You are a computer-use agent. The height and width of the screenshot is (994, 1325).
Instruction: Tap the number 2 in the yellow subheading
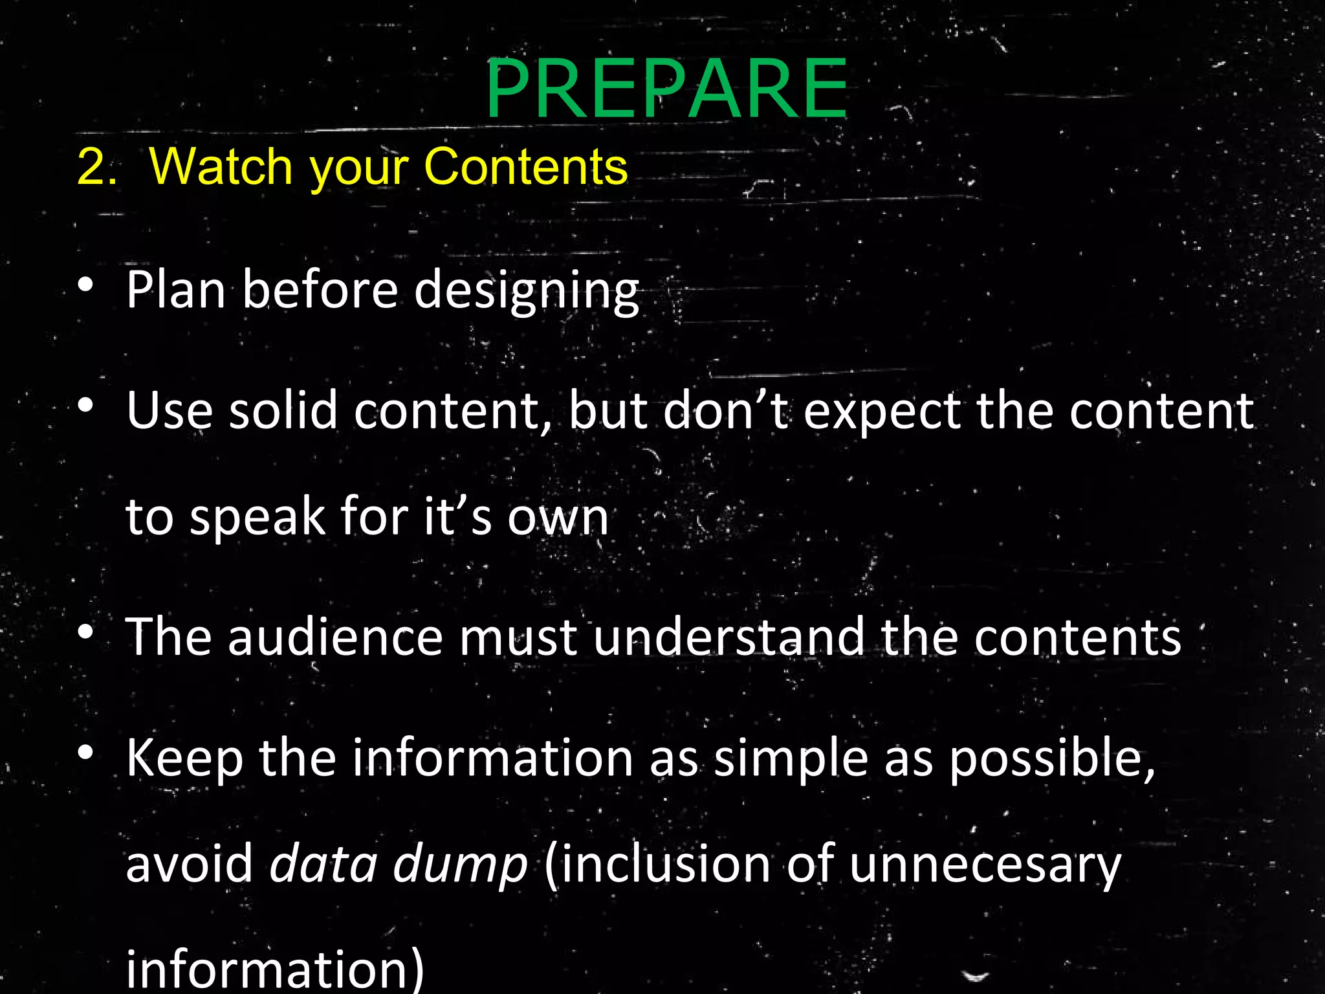click(91, 167)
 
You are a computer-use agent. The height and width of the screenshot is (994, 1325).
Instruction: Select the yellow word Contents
click(525, 167)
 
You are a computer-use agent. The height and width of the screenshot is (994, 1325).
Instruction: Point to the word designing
click(527, 291)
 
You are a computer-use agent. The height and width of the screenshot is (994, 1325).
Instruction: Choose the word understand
click(728, 637)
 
